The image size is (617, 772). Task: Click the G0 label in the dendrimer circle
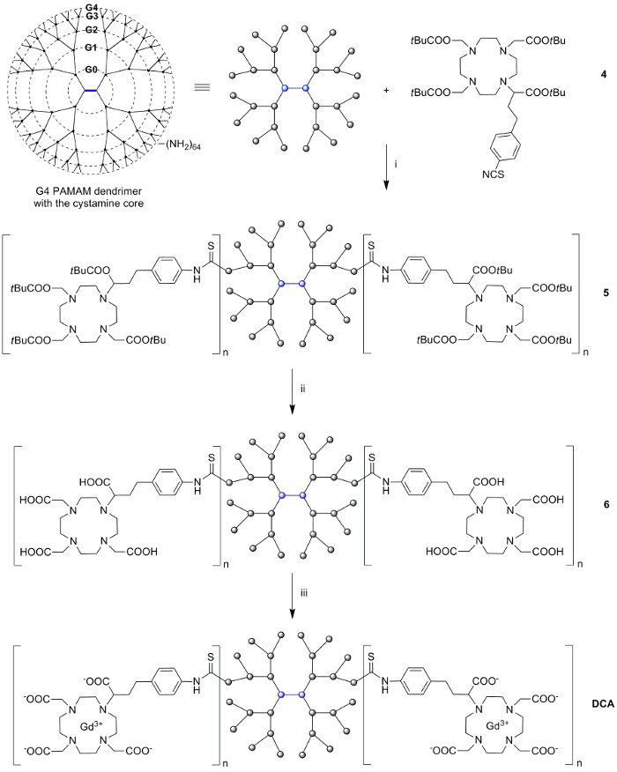coord(91,70)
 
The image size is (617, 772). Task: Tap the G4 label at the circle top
coord(91,8)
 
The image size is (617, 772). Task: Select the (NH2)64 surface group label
coord(182,145)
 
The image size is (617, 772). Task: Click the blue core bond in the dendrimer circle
coord(91,90)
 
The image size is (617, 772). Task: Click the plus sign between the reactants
coord(386,91)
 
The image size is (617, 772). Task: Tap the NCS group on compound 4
coord(493,174)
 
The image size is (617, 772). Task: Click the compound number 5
coord(606,293)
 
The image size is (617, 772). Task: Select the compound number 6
coord(606,505)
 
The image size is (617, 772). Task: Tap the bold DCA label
coord(603,704)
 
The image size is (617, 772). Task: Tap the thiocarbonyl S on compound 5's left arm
coord(211,245)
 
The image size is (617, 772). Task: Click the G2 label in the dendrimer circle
coord(91,30)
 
